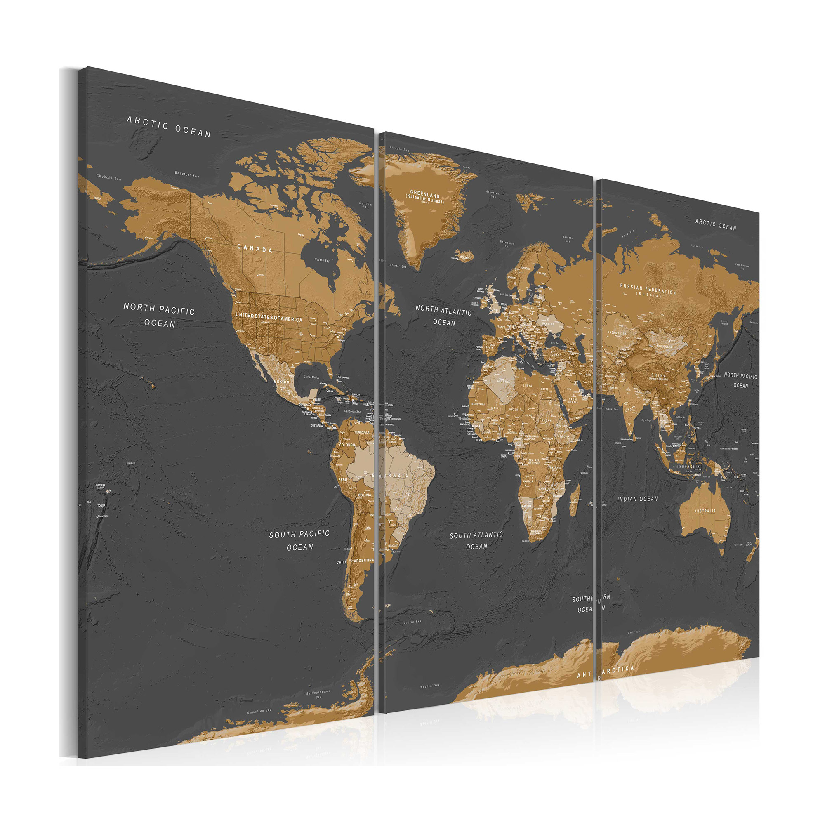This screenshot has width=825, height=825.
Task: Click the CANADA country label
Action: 255,248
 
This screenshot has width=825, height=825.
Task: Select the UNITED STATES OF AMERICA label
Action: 269,317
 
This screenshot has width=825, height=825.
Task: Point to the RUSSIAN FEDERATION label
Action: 648,289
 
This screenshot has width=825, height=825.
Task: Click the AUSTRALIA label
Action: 705,511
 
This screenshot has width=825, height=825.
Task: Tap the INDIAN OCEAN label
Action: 638,499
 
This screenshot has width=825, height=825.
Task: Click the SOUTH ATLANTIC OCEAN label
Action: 476,541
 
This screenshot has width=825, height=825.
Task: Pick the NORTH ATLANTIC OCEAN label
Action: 444,316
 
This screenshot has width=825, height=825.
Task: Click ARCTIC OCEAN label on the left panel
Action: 169,127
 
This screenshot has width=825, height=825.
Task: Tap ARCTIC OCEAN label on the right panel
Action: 716,225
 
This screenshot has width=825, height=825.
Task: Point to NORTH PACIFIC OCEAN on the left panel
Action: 159,315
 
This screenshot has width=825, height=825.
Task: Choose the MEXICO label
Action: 281,382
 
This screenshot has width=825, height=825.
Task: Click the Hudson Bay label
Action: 322,260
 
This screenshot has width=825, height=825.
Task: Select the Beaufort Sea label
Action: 186,174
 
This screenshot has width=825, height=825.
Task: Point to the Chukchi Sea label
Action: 108,177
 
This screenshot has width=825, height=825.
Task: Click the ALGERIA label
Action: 503,381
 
